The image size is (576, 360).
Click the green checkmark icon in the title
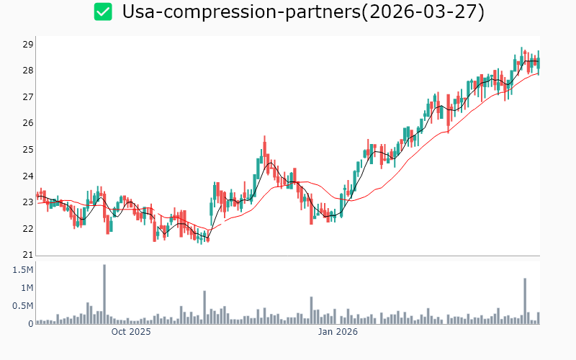tap(103, 12)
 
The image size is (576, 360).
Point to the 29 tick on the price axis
tap(28, 44)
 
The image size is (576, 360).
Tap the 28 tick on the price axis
tap(28, 71)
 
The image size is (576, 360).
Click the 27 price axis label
tap(28, 96)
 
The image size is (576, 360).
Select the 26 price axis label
tap(28, 123)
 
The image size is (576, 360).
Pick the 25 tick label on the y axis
tap(28, 150)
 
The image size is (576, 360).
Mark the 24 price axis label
tap(28, 176)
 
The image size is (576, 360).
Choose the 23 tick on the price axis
tap(28, 202)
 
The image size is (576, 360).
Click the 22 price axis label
tap(28, 229)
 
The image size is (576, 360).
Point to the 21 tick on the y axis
tap(28, 255)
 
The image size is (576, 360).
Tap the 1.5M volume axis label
tap(22, 269)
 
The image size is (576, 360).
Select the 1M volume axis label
tap(25, 288)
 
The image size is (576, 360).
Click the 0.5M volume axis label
tap(22, 306)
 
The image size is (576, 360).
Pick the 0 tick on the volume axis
tap(31, 324)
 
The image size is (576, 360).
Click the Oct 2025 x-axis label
tap(131, 332)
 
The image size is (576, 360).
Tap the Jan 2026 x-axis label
tap(338, 332)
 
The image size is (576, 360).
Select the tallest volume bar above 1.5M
tap(104, 294)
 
